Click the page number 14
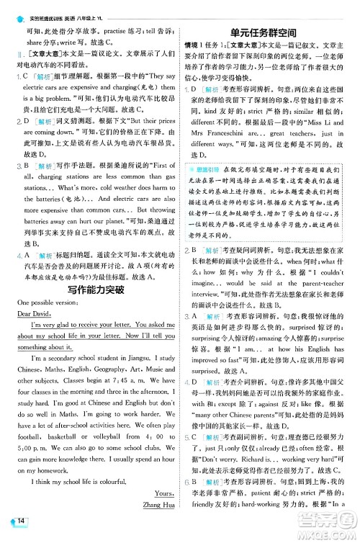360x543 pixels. click(23, 521)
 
